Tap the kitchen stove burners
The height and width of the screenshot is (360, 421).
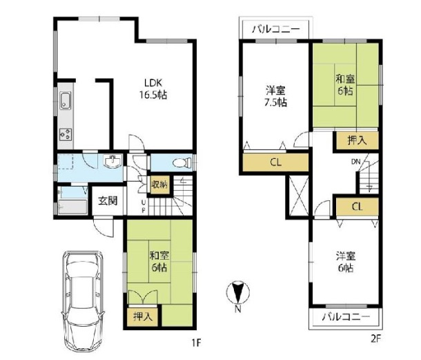66,134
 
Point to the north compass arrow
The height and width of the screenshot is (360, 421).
237,293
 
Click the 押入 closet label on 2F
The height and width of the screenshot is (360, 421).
356,140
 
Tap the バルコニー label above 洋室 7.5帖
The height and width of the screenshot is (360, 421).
275,30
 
